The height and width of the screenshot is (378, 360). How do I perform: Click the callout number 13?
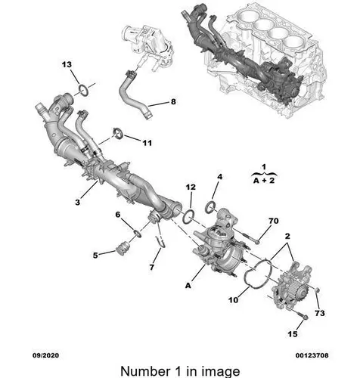pos(67,65)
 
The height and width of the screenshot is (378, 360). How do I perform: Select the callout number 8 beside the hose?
pos(173,102)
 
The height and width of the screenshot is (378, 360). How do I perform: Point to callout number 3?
pos(77,202)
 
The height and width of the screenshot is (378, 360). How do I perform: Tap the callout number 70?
pos(274,221)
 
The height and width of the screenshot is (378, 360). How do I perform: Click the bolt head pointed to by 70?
pos(257,242)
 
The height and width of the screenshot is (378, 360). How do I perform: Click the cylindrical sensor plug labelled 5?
pos(122,249)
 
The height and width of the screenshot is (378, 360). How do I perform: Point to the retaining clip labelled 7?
pos(161,243)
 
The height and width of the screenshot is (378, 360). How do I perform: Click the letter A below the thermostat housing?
pos(188,286)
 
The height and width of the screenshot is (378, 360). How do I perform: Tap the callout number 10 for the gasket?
pos(233,300)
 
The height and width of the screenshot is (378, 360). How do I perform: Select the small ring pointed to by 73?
pos(318,291)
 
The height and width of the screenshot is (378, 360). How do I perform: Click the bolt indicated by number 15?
pos(303,315)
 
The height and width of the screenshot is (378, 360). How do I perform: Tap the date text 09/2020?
pos(45,355)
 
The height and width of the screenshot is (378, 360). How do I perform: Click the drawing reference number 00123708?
pos(312,355)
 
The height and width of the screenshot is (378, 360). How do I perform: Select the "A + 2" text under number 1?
pos(264,181)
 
